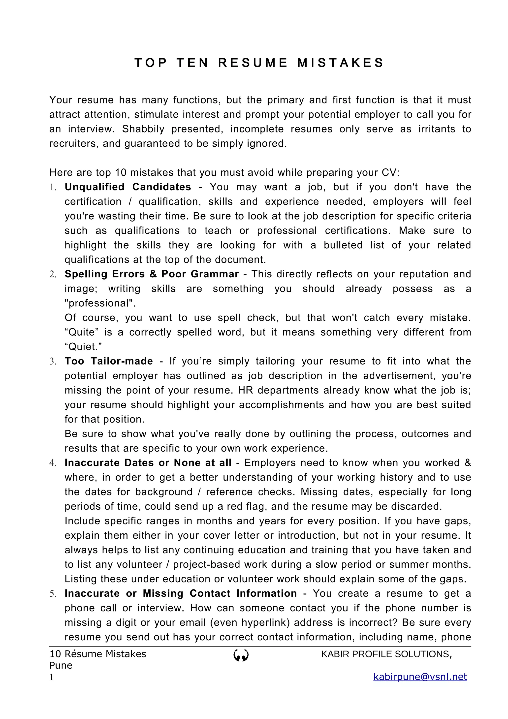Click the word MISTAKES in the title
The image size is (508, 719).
pos(340,63)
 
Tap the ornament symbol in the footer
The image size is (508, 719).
pos(241,655)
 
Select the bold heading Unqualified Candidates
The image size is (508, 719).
pos(128,187)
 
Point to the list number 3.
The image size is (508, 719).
pos(53,361)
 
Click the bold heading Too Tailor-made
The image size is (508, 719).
pos(109,361)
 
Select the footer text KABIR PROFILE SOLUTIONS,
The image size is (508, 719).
pos(386,654)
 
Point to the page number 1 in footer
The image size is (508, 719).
pos(52,677)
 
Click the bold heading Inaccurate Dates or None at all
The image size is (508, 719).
pos(148,463)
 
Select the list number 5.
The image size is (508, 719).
pos(53,594)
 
